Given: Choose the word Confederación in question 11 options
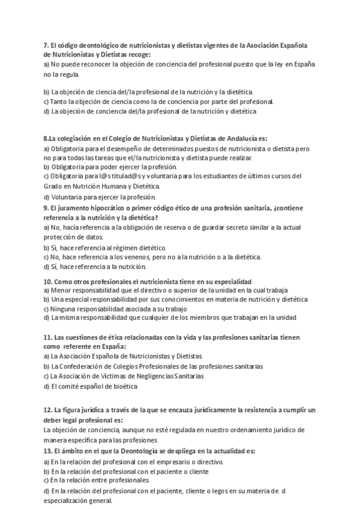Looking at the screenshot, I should point(78,366).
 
